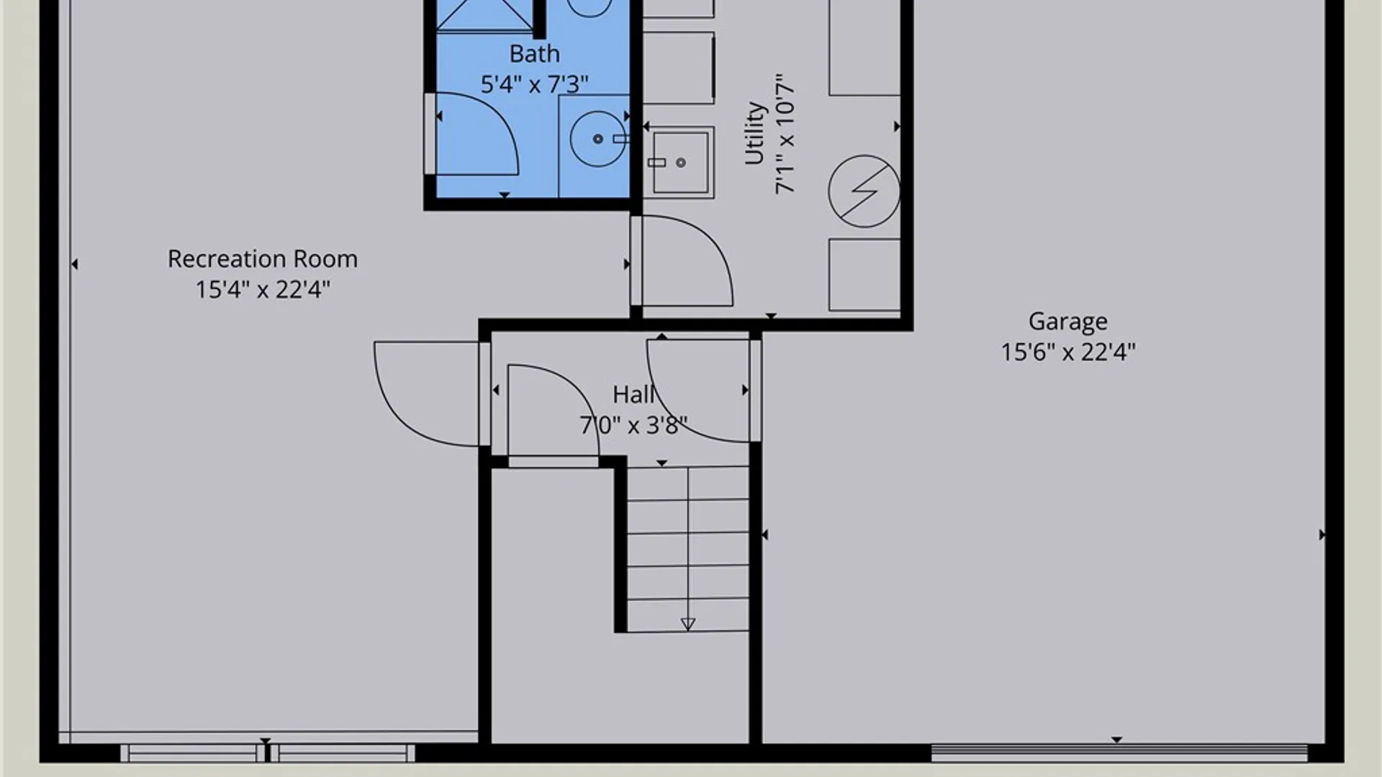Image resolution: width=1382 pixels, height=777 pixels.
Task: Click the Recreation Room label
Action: (x=263, y=259)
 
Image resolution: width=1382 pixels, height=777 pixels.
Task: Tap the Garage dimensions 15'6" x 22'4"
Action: (x=1068, y=352)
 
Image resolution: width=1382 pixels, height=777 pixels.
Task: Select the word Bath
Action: (x=534, y=54)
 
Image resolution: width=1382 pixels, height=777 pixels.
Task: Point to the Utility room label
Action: (x=754, y=133)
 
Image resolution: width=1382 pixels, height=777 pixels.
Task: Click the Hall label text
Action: (x=633, y=394)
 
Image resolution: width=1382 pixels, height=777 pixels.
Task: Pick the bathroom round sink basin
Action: (x=597, y=138)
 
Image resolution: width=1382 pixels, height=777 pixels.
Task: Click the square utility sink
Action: (x=680, y=163)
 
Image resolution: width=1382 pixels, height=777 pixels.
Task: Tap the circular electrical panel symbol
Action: (x=864, y=191)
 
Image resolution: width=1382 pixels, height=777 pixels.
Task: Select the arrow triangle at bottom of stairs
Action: (x=688, y=624)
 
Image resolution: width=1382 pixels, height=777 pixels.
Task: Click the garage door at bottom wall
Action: (x=1119, y=753)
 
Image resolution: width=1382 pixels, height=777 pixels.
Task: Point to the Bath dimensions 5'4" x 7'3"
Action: (x=534, y=84)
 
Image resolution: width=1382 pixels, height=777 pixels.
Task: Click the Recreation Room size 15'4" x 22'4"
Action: (x=263, y=289)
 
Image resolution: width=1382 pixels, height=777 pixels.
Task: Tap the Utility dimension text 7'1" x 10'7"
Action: (x=785, y=133)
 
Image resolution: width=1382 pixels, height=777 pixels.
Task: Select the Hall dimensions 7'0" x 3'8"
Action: (x=633, y=425)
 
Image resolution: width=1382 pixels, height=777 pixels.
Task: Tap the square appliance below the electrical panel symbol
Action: (x=864, y=275)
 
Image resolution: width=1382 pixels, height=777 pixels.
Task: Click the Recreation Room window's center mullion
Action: (x=267, y=753)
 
